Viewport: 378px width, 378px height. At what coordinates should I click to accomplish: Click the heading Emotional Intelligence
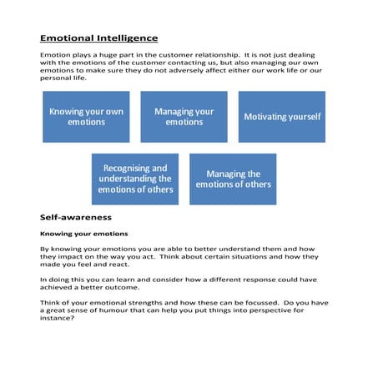pyautogui.click(x=98, y=38)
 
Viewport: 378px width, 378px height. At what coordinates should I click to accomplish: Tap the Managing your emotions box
pyautogui.click(x=184, y=116)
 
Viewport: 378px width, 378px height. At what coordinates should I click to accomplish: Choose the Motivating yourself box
pyautogui.click(x=282, y=117)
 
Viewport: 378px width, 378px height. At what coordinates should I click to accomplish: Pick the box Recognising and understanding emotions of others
pyautogui.click(x=135, y=179)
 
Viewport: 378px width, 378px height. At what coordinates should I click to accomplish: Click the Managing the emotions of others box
pyautogui.click(x=233, y=179)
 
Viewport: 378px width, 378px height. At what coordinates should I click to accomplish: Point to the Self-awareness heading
pyautogui.click(x=76, y=217)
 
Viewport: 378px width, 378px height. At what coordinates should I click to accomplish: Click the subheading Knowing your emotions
pyautogui.click(x=83, y=234)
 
